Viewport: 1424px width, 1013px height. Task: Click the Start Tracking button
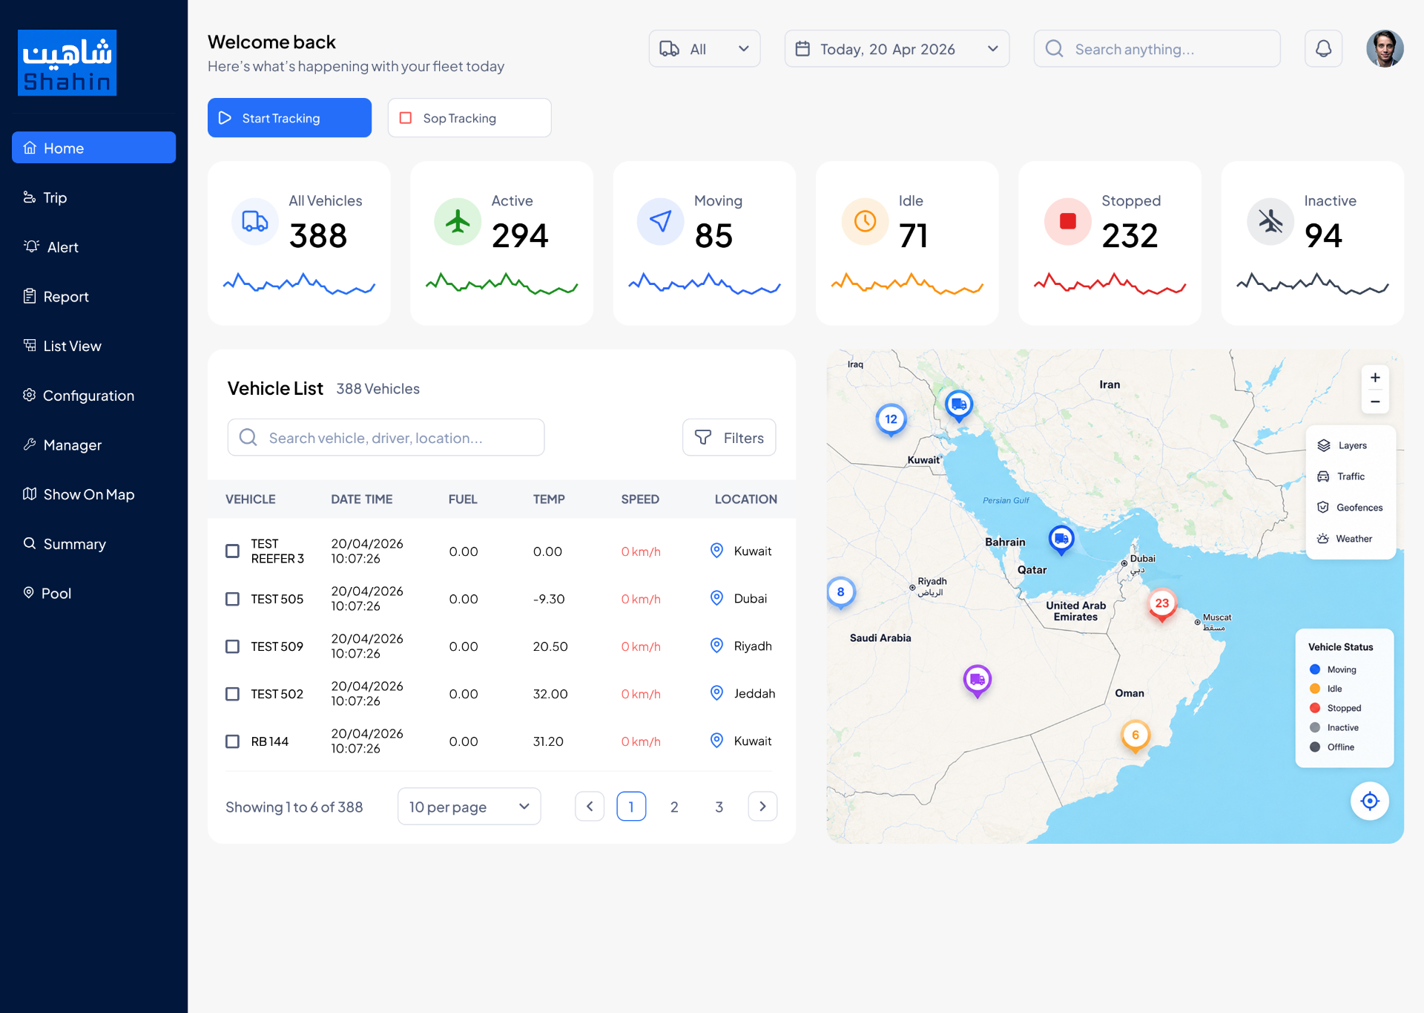289,118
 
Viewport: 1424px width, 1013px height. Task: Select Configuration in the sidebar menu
79,396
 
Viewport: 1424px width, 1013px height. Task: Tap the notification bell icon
1323,49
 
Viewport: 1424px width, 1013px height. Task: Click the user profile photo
1385,49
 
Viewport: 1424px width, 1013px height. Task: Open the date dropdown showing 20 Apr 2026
897,49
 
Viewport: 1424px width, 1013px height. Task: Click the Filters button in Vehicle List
729,438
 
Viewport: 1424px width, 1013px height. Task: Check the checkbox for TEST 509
233,646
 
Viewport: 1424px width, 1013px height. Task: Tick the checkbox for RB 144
233,741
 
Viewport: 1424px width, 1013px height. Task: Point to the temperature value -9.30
549,599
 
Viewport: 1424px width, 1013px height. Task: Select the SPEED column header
640,499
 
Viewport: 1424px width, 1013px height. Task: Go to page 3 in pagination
719,807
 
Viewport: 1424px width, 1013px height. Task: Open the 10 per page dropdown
469,807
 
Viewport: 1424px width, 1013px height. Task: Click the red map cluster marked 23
1162,604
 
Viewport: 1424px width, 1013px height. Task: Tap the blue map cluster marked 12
891,420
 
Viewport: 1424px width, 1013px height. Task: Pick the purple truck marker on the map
978,681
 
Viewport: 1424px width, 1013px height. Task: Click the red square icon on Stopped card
1068,221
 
